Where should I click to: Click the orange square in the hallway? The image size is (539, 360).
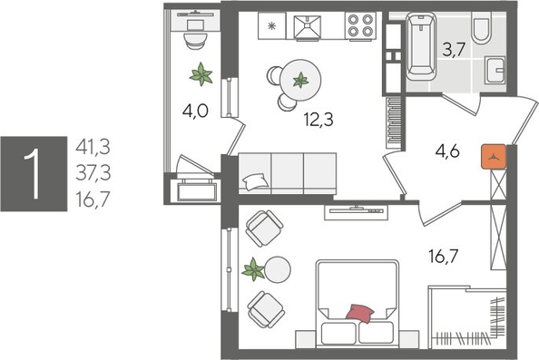click(x=494, y=156)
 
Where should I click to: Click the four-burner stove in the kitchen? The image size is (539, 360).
click(x=360, y=26)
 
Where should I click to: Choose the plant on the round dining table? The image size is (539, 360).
click(x=299, y=79)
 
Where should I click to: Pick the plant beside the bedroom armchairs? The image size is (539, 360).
click(x=255, y=268)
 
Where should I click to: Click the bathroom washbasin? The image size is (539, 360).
click(x=495, y=71)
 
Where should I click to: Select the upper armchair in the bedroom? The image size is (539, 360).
click(x=264, y=227)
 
